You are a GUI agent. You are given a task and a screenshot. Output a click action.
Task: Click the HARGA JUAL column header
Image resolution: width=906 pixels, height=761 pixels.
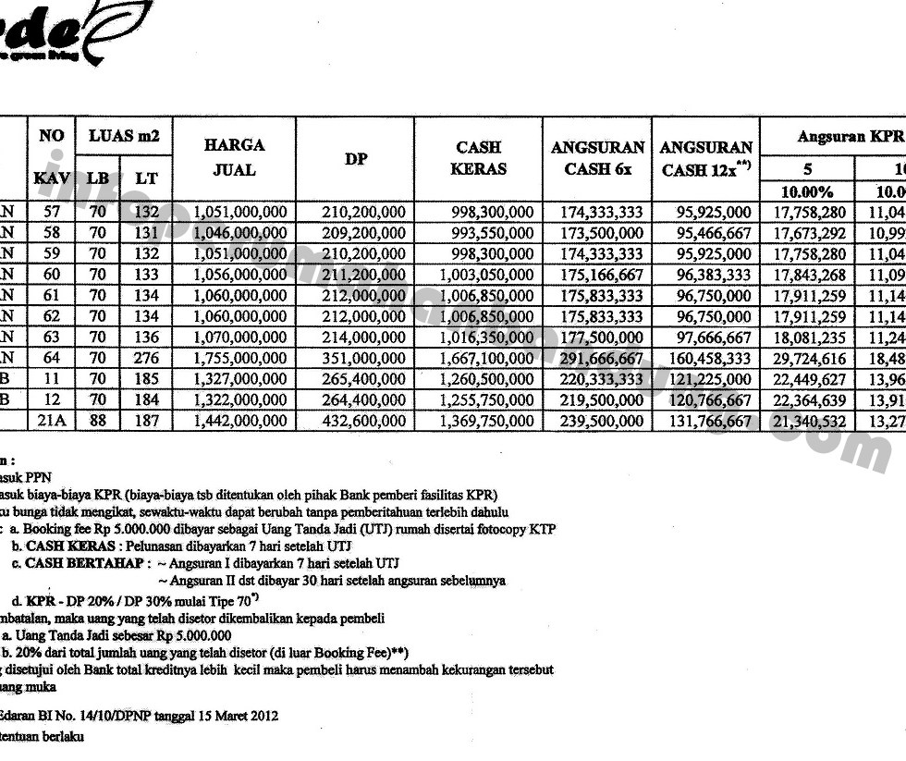coord(234,157)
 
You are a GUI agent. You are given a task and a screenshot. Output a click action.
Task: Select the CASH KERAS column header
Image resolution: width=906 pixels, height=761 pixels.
coord(480,157)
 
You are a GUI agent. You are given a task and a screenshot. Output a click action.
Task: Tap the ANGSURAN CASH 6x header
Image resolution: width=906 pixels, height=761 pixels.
coord(597,157)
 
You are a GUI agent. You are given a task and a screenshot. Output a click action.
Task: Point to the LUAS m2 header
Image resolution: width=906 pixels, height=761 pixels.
coord(124,136)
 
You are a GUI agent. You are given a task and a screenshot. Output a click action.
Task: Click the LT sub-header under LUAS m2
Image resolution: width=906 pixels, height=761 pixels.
coord(146,178)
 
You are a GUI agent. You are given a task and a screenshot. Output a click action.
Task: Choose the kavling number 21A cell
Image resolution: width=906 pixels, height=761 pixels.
coord(52,421)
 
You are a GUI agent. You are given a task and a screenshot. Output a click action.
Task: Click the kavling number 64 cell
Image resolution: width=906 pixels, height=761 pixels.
coord(52,358)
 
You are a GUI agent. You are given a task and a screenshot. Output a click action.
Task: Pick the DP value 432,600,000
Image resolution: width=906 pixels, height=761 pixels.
coord(364,421)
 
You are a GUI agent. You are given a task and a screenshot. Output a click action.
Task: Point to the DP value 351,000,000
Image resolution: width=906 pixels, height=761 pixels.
coord(364,358)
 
